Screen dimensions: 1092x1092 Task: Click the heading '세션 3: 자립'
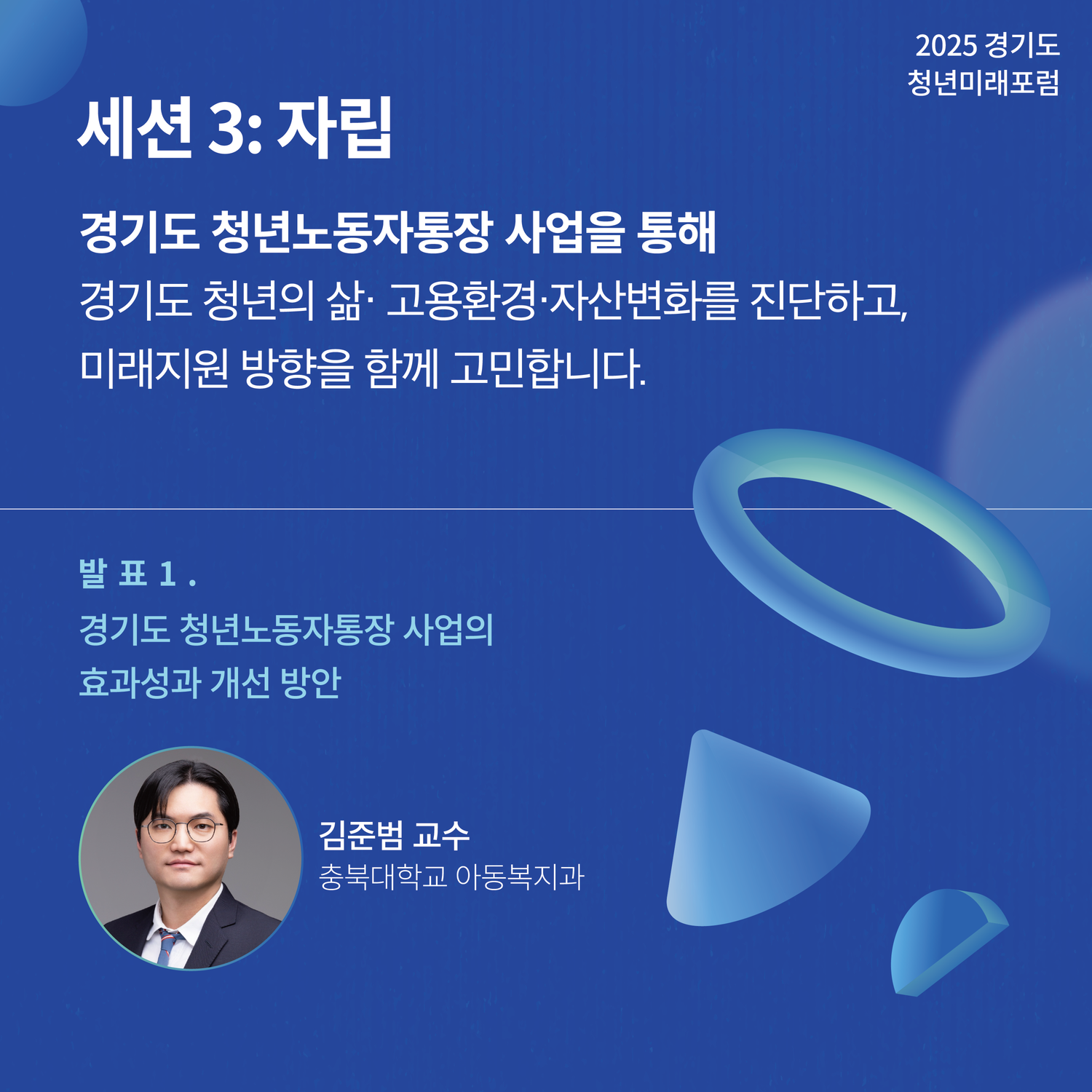click(234, 128)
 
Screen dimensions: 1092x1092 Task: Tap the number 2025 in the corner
click(946, 46)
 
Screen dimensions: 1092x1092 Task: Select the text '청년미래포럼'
click(983, 83)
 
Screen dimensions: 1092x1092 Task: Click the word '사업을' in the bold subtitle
click(564, 232)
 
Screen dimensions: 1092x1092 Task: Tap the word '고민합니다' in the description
click(547, 368)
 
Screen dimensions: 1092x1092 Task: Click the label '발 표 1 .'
click(138, 574)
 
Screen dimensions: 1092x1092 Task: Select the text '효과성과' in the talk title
click(139, 682)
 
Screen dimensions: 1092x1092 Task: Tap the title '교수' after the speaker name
click(441, 835)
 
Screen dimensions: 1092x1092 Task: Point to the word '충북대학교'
click(382, 877)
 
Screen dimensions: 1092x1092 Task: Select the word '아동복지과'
click(520, 877)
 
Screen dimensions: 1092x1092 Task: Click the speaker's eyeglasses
click(182, 829)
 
